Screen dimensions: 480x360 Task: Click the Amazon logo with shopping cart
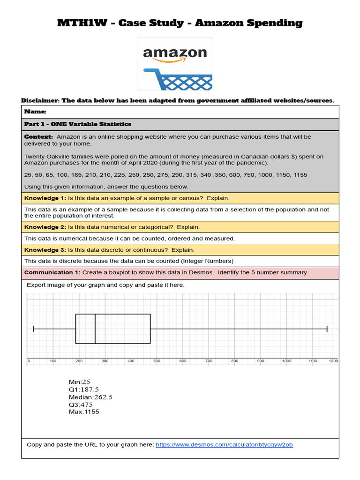(x=174, y=64)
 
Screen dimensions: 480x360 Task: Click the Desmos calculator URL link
(x=224, y=444)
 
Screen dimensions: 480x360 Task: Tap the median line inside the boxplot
(x=95, y=329)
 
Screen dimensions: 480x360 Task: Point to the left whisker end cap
(x=33, y=329)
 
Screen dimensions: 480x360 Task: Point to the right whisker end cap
(x=327, y=329)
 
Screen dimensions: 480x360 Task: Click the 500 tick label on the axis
(x=157, y=361)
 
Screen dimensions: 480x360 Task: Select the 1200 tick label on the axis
(x=333, y=361)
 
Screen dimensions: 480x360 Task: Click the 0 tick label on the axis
(x=29, y=361)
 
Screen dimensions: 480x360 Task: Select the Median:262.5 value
(x=90, y=397)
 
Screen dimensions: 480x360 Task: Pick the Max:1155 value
(x=84, y=412)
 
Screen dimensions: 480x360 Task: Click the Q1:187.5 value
(x=83, y=390)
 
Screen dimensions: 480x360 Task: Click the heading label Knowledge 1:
(x=45, y=198)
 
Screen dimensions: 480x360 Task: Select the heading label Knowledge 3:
(x=45, y=250)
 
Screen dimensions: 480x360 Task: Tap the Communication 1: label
(x=52, y=272)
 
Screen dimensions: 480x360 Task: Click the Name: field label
(x=36, y=112)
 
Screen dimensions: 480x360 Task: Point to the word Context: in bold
(x=38, y=136)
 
